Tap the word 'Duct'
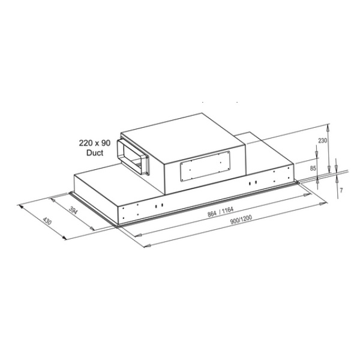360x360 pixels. pyautogui.click(x=95, y=154)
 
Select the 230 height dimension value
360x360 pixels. pyautogui.click(x=322, y=142)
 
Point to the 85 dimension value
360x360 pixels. pyautogui.click(x=313, y=169)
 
